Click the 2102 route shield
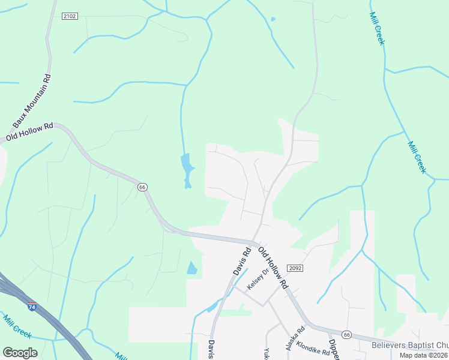point(70,16)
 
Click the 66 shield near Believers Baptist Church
point(346,334)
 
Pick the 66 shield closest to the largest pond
point(142,187)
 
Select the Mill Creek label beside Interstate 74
point(17,326)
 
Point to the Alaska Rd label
point(295,338)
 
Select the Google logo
point(20,353)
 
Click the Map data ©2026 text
point(424,355)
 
